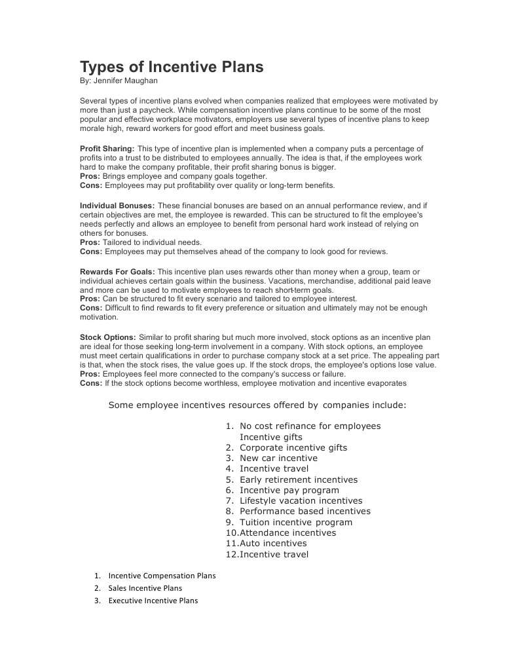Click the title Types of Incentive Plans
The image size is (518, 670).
[x=172, y=67]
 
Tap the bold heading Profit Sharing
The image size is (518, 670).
[x=107, y=149]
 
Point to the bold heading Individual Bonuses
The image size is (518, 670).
[x=117, y=206]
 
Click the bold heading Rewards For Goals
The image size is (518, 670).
[x=117, y=271]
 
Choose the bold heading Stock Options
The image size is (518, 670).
[x=107, y=337]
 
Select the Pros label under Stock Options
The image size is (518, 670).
[x=90, y=374]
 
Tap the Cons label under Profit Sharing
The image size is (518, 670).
[x=90, y=185]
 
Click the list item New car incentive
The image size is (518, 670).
[x=278, y=458]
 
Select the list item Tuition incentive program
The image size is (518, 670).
[x=296, y=522]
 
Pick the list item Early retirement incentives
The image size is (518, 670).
[x=299, y=479]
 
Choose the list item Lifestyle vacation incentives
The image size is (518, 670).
[x=301, y=501]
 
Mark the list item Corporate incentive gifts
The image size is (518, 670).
[x=293, y=448]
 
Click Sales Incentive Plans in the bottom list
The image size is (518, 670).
[x=145, y=588]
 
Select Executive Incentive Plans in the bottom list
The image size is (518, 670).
[x=153, y=601]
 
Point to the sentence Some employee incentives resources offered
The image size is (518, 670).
[x=257, y=405]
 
